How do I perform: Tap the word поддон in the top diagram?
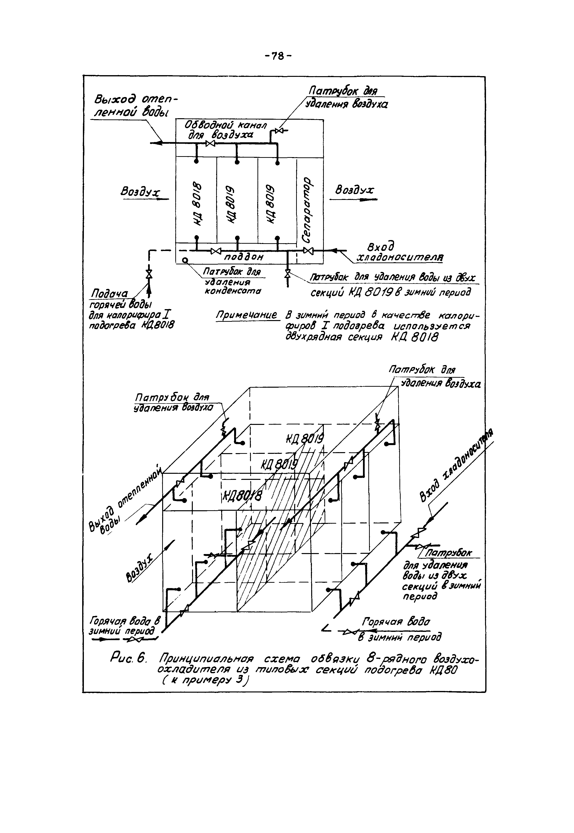click(x=244, y=257)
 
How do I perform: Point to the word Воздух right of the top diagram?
click(x=354, y=190)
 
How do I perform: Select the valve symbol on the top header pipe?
click(x=210, y=143)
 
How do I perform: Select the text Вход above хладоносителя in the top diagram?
click(x=381, y=247)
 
